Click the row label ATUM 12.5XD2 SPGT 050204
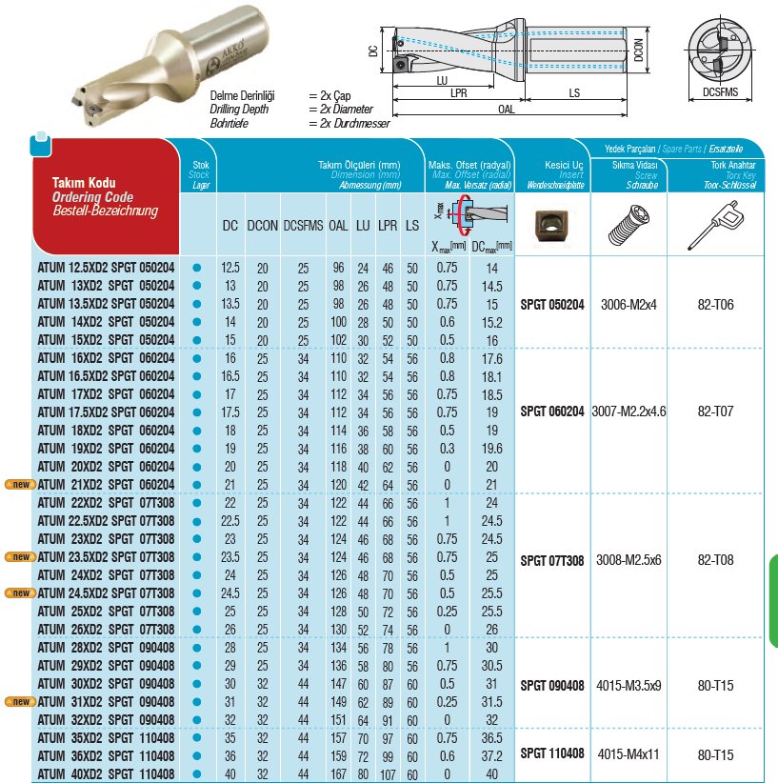(105, 269)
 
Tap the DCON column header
(262, 227)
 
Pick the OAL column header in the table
(338, 227)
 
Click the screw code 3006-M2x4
(628, 305)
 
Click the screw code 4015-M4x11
(628, 753)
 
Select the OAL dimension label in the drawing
(508, 110)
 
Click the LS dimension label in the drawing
(574, 92)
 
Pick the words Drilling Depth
(242, 110)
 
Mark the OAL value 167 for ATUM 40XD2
(338, 773)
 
